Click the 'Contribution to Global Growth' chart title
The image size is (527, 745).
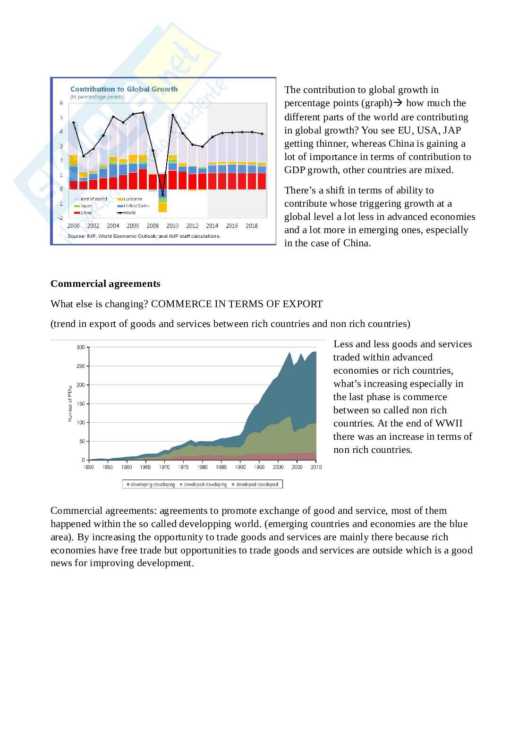click(x=124, y=89)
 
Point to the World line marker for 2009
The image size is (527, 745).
click(x=162, y=195)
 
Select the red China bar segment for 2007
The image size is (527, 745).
click(x=143, y=179)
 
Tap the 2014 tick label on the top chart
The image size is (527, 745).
click(x=212, y=226)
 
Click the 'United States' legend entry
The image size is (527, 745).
click(x=136, y=206)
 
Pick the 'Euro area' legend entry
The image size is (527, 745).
click(x=133, y=199)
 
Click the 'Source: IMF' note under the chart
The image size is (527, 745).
click(x=144, y=236)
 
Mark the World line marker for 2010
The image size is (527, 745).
click(x=173, y=115)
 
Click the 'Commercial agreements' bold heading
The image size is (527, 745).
click(x=105, y=284)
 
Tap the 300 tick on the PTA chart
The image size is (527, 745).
click(x=80, y=347)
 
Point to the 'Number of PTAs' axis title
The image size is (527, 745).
click(x=70, y=403)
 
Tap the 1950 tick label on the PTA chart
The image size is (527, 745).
click(x=88, y=467)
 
